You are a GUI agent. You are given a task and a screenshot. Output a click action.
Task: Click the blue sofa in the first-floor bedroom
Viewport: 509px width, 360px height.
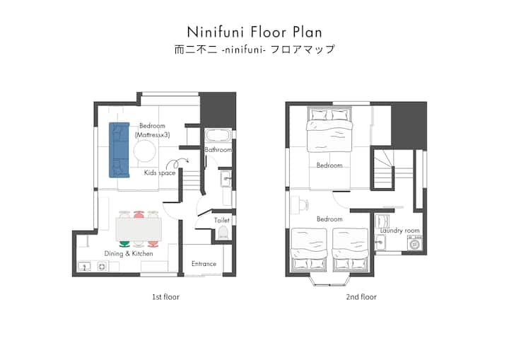pos(119,150)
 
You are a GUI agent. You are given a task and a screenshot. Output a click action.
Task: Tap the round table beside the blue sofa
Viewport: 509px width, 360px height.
pos(144,151)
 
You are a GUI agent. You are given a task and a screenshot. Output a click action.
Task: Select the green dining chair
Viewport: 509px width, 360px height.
pos(124,243)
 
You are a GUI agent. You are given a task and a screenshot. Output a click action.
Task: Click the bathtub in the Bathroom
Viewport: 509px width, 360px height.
pos(218,135)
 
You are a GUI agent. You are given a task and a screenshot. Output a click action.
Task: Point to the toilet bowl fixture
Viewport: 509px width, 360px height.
pos(223,233)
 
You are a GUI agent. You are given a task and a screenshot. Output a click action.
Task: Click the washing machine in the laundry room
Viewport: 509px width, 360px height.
pos(414,243)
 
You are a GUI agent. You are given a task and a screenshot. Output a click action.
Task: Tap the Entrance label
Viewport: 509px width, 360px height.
pos(204,264)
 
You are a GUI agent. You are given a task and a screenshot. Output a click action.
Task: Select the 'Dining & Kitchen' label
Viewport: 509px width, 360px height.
pos(129,253)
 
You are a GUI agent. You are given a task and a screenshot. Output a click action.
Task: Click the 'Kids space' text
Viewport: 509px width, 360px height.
pos(160,173)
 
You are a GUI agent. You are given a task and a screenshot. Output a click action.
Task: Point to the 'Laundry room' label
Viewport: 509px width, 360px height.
pos(400,231)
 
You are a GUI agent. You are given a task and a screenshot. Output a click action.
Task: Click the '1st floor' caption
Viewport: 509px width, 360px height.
pos(165,296)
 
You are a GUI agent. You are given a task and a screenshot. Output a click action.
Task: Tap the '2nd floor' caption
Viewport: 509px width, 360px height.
pos(361,296)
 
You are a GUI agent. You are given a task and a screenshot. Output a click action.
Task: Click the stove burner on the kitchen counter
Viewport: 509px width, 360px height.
pos(102,267)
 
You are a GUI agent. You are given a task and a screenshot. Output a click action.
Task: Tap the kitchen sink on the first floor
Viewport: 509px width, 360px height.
pos(84,267)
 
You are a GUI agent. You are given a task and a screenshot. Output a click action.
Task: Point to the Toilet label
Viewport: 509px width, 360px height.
pos(222,220)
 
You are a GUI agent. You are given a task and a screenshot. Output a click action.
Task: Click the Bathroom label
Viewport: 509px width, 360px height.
pos(218,150)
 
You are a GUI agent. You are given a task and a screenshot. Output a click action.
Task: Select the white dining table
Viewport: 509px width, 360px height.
pos(139,229)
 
